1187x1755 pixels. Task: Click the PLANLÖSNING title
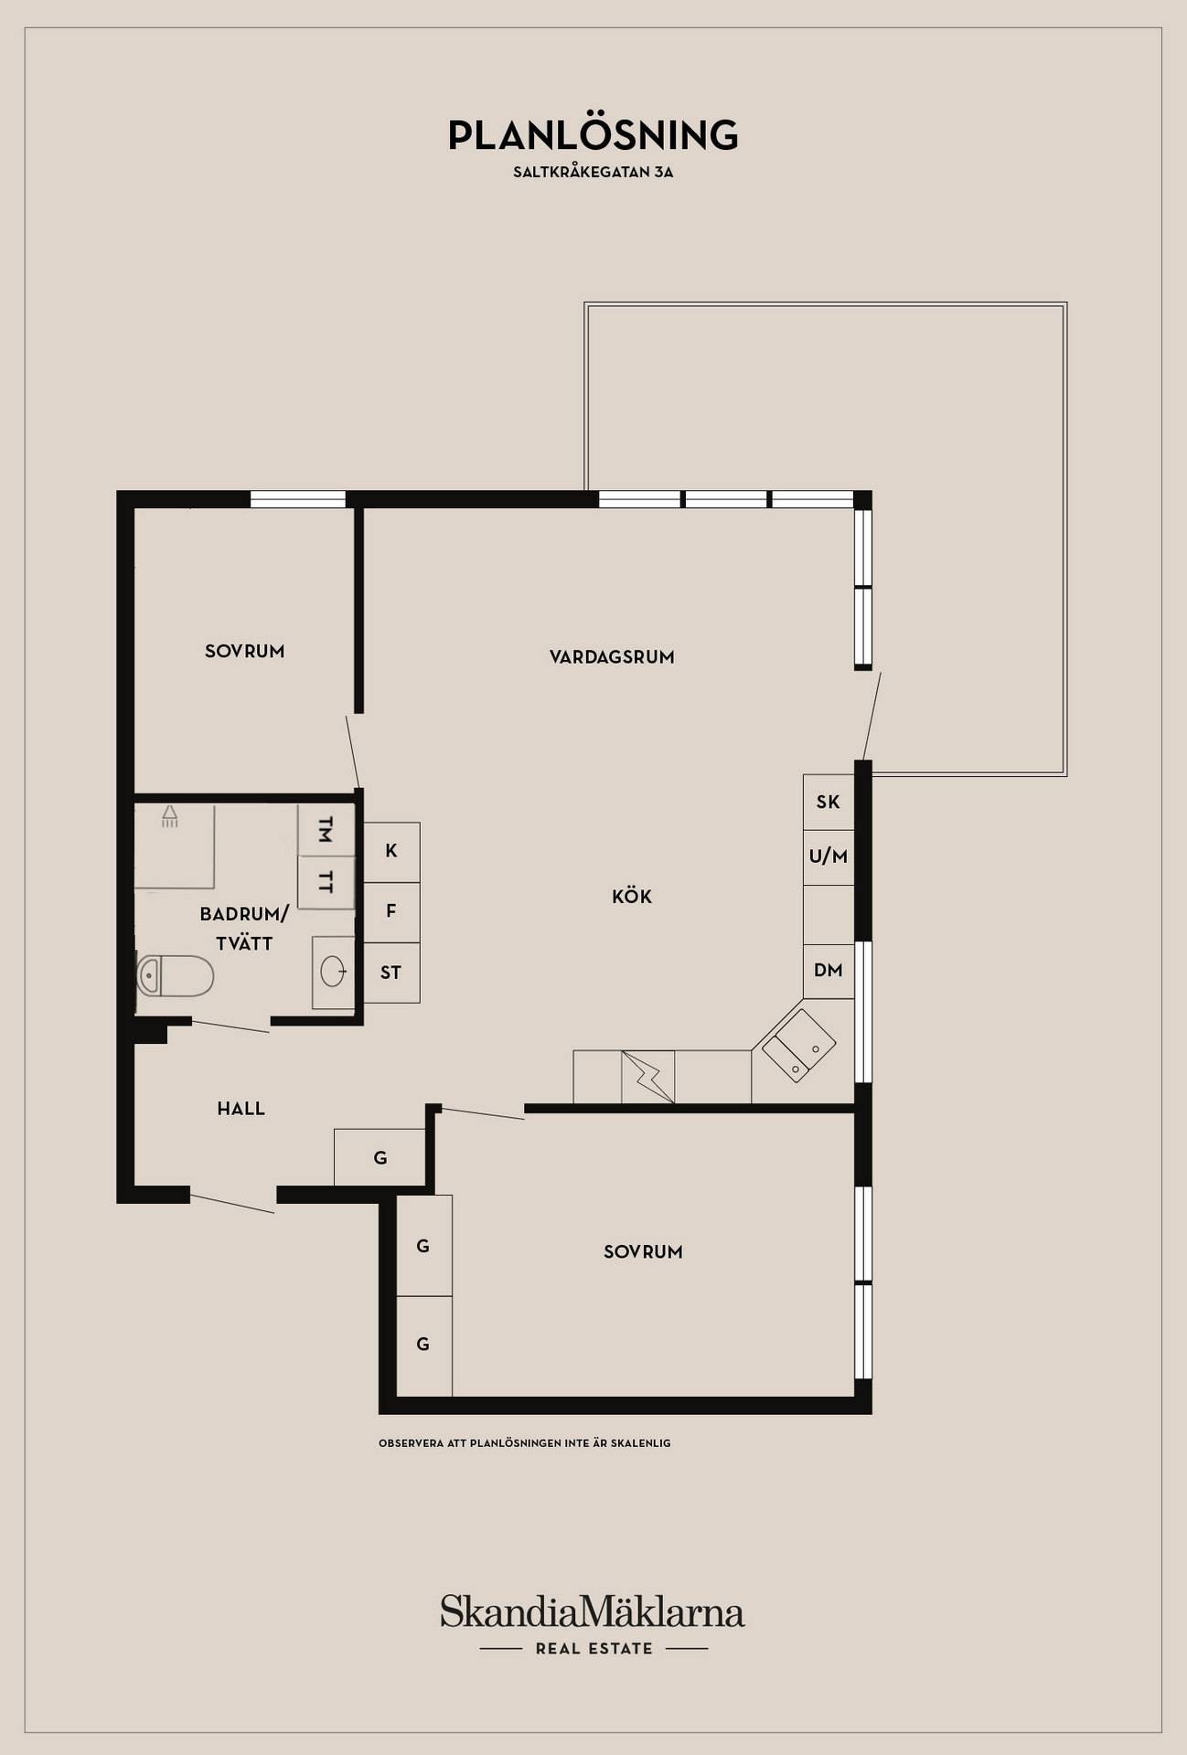[x=593, y=135]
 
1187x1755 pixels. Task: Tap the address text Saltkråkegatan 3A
[x=593, y=172]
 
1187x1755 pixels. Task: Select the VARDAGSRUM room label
[x=612, y=657]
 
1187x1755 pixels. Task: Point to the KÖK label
[x=632, y=897]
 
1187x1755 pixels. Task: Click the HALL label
[x=241, y=1109]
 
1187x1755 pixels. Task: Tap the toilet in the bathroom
[x=175, y=975]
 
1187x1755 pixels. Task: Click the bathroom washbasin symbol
[x=333, y=972]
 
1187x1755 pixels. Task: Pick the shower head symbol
[x=170, y=816]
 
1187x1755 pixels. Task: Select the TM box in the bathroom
[x=326, y=831]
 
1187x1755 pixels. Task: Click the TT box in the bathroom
[x=326, y=883]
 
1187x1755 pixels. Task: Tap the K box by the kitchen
[x=391, y=852]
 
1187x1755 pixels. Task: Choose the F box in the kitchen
[x=391, y=912]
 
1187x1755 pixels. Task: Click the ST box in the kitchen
[x=391, y=973]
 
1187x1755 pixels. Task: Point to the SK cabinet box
[x=829, y=803]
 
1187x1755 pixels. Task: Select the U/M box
[x=829, y=857]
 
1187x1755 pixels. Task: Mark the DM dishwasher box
[x=829, y=971]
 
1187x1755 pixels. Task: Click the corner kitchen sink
[x=799, y=1046]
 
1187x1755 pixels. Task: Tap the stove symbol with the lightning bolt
[x=648, y=1077]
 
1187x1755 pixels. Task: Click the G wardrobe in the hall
[x=380, y=1157]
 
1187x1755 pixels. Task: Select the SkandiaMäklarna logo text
[x=593, y=1612]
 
